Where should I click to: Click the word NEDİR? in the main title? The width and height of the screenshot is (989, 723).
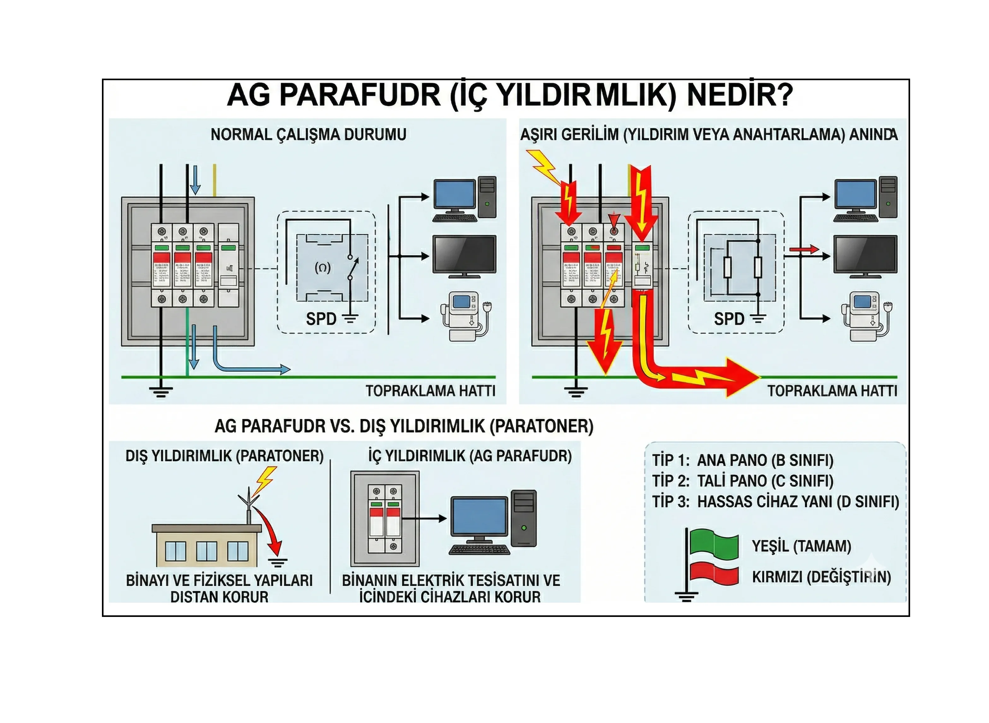pos(739,95)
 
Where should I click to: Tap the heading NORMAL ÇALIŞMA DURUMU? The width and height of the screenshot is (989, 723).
pos(308,134)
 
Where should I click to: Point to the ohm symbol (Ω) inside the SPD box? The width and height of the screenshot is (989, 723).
pos(323,267)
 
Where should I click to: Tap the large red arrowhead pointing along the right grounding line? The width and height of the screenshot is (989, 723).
pos(739,377)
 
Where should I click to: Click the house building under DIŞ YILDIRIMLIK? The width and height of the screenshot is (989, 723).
pos(205,545)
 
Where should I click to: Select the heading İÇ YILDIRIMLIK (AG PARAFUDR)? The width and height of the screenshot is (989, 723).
pos(470,456)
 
